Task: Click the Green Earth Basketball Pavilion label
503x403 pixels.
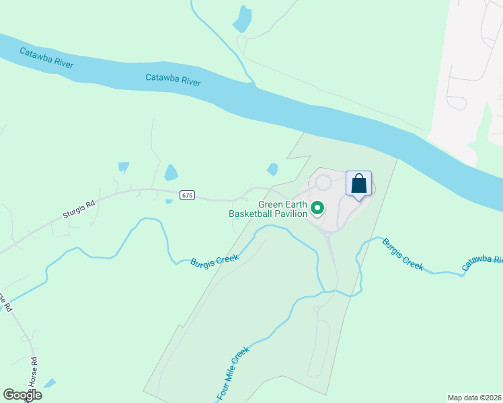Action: point(268,209)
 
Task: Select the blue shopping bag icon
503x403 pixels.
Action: point(359,183)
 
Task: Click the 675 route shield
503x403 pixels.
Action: point(188,195)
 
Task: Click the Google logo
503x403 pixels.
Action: point(22,395)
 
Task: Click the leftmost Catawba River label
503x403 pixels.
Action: point(46,58)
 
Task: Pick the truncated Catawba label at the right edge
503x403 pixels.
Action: point(481,263)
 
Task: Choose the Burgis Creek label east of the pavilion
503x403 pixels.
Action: point(403,253)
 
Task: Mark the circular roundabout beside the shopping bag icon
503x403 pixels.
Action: point(323,182)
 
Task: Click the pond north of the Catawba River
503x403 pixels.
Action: point(242,19)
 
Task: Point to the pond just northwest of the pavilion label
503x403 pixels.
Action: point(272,170)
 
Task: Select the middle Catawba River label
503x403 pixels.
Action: point(173,80)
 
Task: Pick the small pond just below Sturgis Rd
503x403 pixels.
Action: point(169,201)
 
